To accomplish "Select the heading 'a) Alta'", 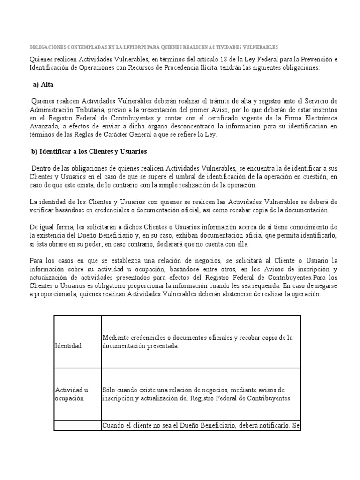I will point(42,85).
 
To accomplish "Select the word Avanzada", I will point(44,127).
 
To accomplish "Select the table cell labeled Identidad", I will point(68,346).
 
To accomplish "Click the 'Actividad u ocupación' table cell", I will point(72,394).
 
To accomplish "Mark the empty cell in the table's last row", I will point(78,426).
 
